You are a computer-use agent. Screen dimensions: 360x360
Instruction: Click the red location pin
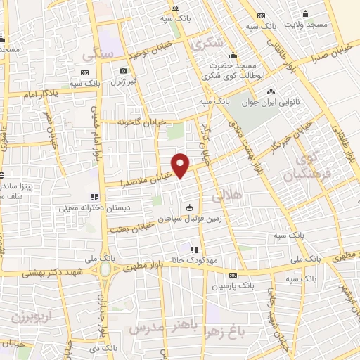[181, 165]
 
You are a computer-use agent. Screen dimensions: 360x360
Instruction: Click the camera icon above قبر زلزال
[124, 70]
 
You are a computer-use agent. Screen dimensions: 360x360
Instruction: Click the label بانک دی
[104, 348]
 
